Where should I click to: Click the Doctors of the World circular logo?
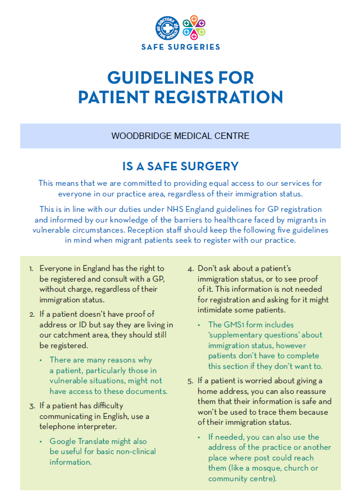click(x=167, y=28)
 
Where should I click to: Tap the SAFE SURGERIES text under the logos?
click(x=181, y=47)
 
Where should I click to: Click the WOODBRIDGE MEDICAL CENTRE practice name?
click(x=180, y=136)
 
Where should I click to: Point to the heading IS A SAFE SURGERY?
click(x=181, y=166)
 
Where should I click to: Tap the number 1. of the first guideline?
click(x=31, y=269)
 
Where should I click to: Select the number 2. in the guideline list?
click(x=31, y=315)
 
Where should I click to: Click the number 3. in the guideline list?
click(x=31, y=406)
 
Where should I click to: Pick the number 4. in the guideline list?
click(x=190, y=269)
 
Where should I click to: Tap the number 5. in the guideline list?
click(x=190, y=381)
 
